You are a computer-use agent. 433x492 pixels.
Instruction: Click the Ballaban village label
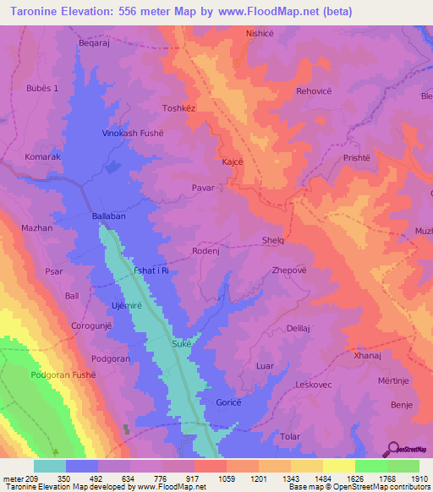pyautogui.click(x=108, y=216)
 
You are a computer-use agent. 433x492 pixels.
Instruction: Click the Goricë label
pyautogui.click(x=230, y=402)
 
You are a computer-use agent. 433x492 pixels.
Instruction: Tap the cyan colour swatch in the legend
pyautogui.click(x=50, y=466)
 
